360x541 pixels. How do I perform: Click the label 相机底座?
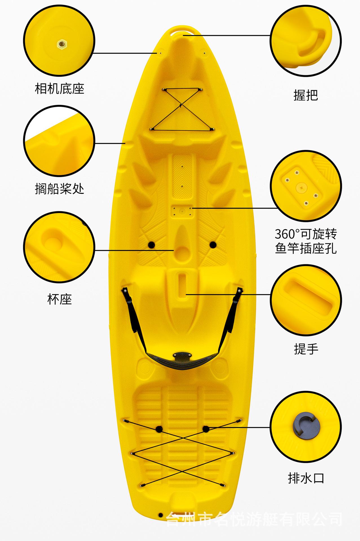[x=59, y=89]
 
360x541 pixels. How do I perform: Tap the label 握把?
[x=306, y=95]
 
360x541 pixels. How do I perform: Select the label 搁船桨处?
[x=59, y=189]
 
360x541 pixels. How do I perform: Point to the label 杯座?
[x=59, y=299]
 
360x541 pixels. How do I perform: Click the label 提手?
[x=306, y=349]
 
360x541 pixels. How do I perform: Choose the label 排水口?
[x=306, y=478]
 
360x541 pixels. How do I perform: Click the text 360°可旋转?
[x=306, y=234]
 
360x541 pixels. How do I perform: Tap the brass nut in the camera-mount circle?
[x=61, y=44]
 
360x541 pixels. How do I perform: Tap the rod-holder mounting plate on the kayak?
[x=182, y=211]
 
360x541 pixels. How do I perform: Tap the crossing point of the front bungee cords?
[x=181, y=106]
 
